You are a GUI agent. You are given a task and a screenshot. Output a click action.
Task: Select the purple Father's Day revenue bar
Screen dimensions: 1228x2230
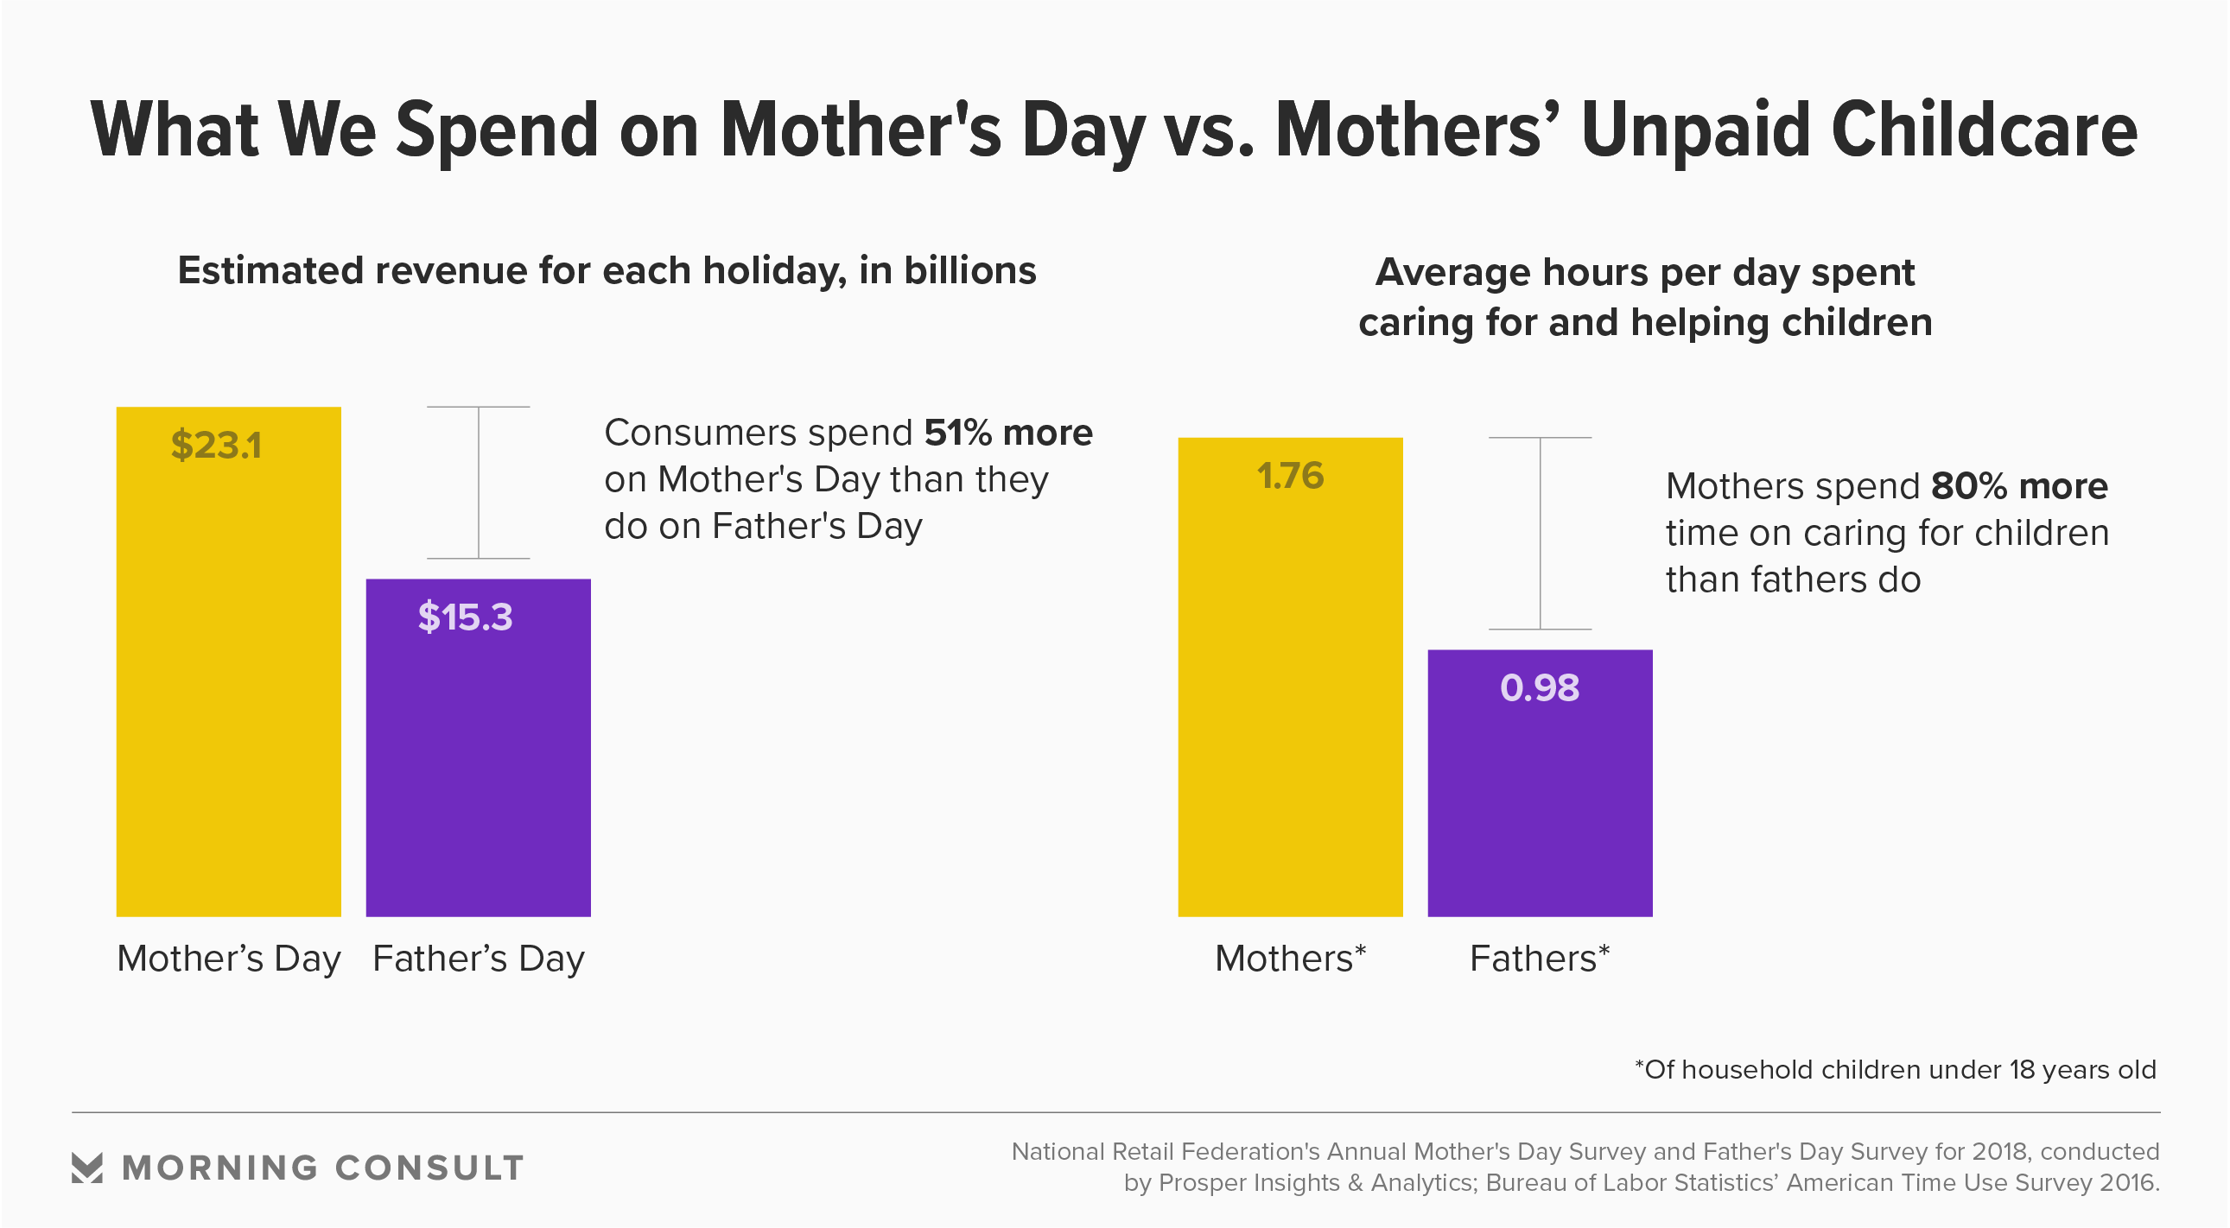tap(478, 762)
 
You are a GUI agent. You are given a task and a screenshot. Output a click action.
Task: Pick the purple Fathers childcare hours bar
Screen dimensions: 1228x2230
tap(1539, 796)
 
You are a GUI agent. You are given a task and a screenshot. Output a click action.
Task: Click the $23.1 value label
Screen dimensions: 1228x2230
tap(215, 446)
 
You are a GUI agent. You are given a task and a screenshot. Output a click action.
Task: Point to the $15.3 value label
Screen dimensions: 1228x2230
tap(465, 617)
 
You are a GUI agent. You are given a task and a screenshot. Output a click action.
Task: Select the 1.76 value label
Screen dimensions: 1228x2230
tap(1290, 476)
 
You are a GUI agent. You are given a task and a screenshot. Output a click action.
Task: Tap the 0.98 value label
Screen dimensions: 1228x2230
tap(1539, 688)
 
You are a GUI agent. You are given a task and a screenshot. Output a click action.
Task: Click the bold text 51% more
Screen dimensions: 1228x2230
tap(1007, 433)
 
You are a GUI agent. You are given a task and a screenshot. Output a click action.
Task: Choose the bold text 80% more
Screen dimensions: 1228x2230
tap(2019, 486)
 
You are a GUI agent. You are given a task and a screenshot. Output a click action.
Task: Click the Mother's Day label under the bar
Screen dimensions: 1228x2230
tap(229, 959)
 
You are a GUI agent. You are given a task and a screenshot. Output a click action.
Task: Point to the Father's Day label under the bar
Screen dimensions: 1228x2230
tap(478, 959)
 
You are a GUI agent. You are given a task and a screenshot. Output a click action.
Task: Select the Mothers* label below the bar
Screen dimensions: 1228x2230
tap(1290, 959)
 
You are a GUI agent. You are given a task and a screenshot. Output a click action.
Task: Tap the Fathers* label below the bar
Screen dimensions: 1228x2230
tap(1539, 959)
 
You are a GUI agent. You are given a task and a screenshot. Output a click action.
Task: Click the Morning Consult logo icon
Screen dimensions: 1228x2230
tap(86, 1168)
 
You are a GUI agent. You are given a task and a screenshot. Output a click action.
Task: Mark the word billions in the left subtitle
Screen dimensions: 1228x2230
tap(969, 271)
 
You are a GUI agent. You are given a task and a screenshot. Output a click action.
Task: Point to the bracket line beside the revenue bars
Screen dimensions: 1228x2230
tap(479, 482)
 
